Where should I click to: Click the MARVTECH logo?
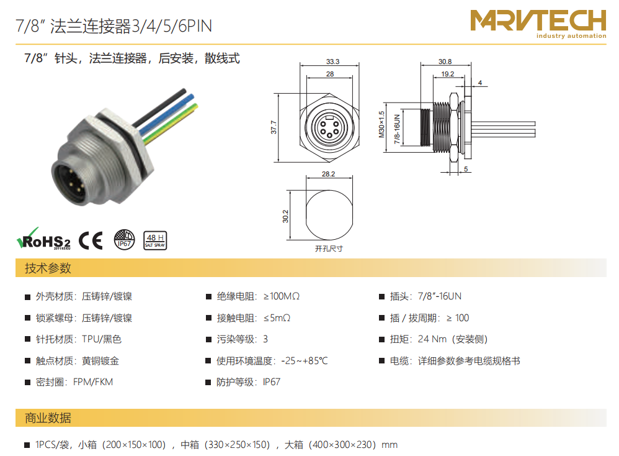coord(538,24)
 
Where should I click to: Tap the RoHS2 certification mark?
coord(43,239)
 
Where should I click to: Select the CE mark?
coord(91,240)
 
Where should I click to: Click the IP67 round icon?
coord(124,240)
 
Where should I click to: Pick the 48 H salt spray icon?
coord(155,240)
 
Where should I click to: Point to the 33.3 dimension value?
coord(333,62)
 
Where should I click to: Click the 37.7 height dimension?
coord(274,127)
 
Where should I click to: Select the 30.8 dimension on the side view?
coord(445,62)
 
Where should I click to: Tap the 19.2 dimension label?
coord(448,74)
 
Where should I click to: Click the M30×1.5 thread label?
coord(381,124)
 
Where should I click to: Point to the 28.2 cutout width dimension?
coord(329,174)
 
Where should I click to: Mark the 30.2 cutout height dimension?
coord(285,216)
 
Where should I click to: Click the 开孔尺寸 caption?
coord(329,249)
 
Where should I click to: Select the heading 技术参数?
coord(48,268)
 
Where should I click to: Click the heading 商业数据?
coord(48,418)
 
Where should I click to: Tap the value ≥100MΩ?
coord(282,296)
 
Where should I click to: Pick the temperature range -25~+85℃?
coord(305,361)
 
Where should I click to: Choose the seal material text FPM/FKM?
coord(93,382)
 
